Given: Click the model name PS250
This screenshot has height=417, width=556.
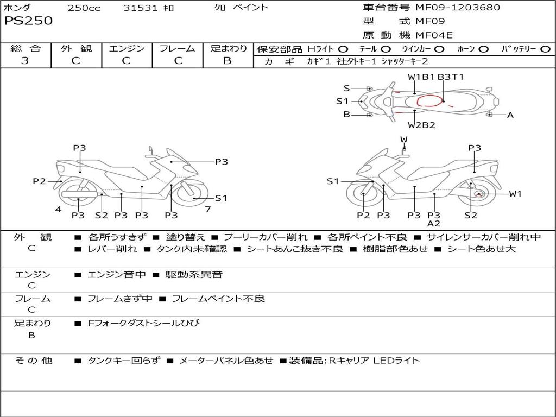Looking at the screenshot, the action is pyautogui.click(x=29, y=21).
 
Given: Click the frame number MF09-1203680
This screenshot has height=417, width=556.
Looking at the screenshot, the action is pyautogui.click(x=457, y=8).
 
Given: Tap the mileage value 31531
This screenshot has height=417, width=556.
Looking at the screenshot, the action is pyautogui.click(x=141, y=8).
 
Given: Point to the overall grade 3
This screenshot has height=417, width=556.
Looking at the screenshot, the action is pyautogui.click(x=25, y=61).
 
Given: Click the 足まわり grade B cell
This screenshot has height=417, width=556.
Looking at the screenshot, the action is pyautogui.click(x=228, y=61).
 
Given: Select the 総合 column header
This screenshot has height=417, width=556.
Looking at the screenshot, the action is pyautogui.click(x=26, y=49).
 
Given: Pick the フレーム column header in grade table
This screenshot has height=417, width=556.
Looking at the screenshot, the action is pyautogui.click(x=177, y=49).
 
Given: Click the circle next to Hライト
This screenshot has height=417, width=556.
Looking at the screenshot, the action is pyautogui.click(x=343, y=49).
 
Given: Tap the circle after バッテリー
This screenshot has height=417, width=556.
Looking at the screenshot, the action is pyautogui.click(x=545, y=49).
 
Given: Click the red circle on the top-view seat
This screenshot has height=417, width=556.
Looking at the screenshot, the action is pyautogui.click(x=429, y=101).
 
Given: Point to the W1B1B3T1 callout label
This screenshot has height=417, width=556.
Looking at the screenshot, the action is pyautogui.click(x=436, y=77).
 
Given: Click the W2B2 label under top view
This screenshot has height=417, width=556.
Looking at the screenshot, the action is pyautogui.click(x=422, y=125).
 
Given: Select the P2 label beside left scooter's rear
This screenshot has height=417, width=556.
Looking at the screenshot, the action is pyautogui.click(x=39, y=181).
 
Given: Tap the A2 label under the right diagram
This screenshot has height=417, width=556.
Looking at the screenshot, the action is pyautogui.click(x=433, y=223).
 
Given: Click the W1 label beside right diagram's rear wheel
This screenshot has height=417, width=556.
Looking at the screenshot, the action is pyautogui.click(x=515, y=194).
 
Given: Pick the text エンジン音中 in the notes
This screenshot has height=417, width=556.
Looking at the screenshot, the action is pyautogui.click(x=117, y=275).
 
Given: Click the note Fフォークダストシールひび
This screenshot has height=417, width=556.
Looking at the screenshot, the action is pyautogui.click(x=144, y=323).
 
